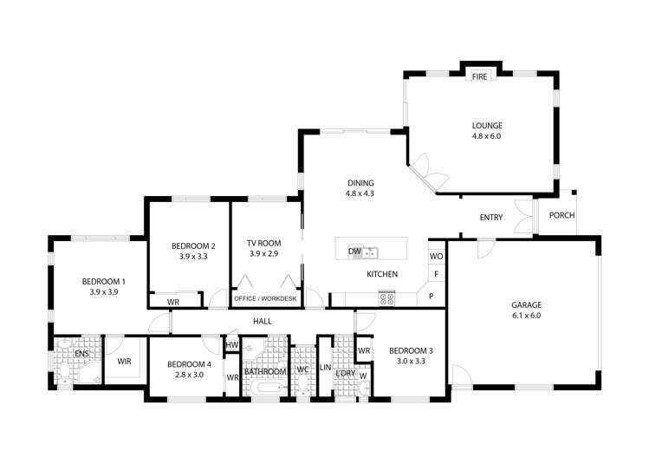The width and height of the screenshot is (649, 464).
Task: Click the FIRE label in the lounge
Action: pos(479,76)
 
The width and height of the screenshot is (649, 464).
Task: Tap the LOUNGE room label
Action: pos(486,124)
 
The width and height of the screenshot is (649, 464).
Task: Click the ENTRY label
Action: pos(491,218)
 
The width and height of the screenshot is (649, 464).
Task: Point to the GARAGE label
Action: pos(525,304)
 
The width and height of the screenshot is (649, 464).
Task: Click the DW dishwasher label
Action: pos(354,252)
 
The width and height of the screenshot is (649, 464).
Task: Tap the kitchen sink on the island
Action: pos(370,252)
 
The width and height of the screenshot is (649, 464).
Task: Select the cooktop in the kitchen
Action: pos(387,298)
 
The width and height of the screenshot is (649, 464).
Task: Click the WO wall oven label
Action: pos(436,257)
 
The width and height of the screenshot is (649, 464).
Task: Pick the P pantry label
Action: pos(431,297)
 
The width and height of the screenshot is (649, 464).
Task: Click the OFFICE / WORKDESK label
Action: pos(265,299)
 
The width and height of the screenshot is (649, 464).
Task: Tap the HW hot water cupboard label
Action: pos(231,345)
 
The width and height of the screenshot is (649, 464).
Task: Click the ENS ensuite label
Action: pos(82,354)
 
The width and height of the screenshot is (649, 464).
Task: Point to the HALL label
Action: pos(263,321)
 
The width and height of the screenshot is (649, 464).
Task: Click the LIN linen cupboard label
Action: pos(326,367)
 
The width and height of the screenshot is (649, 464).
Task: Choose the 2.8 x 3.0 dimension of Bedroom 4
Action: pos(188,375)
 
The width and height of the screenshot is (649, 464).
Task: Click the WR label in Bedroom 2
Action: pos(173,302)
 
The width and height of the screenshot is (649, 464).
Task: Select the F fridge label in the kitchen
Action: pos(436,275)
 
